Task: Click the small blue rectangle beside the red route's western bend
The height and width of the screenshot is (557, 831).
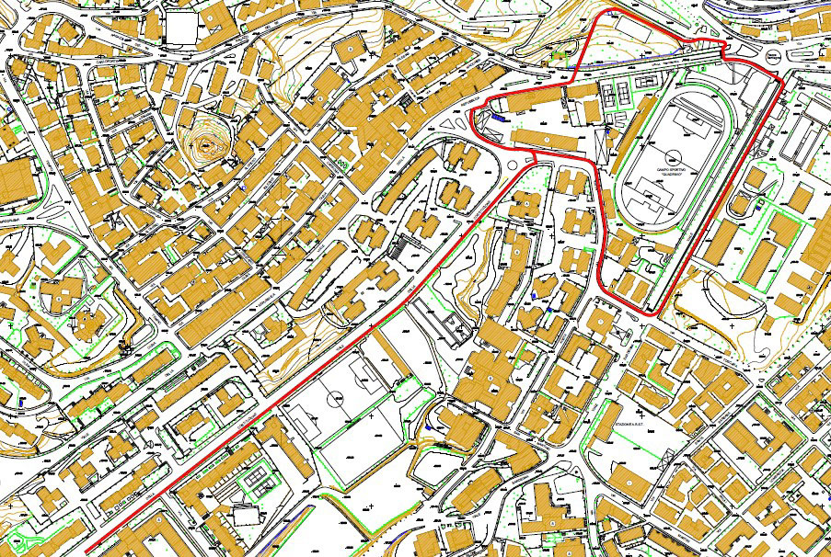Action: (x=496, y=118)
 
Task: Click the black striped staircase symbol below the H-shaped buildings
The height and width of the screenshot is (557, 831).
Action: (x=399, y=247)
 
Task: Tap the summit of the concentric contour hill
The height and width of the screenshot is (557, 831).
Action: (x=203, y=144)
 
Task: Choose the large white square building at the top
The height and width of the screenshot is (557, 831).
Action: (x=182, y=28)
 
